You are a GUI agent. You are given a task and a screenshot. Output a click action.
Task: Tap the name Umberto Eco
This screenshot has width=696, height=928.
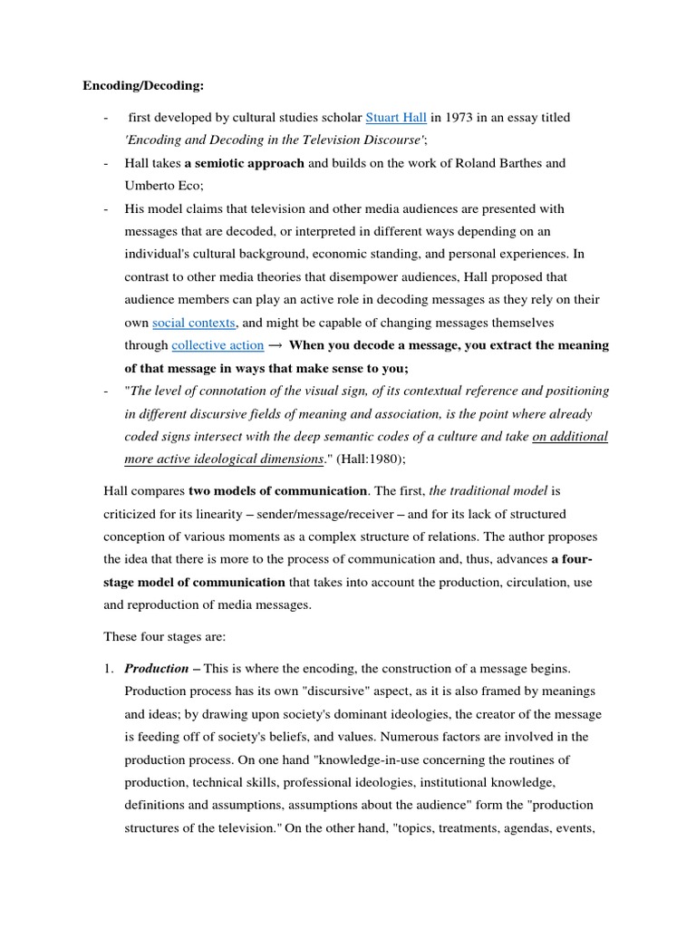coord(163,186)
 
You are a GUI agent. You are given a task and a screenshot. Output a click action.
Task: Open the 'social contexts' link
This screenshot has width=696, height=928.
coord(194,323)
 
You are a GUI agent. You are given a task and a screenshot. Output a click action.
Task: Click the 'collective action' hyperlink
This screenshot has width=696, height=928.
coord(217,345)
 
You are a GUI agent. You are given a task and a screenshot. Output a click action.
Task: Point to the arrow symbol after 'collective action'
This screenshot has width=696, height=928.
coord(275,345)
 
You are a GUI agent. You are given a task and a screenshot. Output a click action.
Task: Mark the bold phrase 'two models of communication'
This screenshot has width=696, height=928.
coord(278,492)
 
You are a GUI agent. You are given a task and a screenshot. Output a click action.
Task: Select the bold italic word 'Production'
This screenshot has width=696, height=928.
coord(157,669)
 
